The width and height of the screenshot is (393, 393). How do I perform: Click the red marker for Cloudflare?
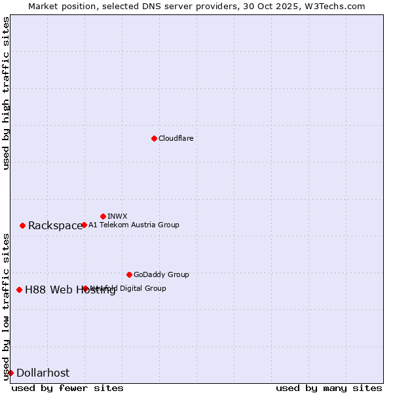pos(154,138)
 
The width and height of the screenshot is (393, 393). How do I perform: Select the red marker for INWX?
pos(103,216)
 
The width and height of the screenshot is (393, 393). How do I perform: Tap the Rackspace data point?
pos(22,225)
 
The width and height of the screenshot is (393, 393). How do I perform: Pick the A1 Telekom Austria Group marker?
pos(84,225)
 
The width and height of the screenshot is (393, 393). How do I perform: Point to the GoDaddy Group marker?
pos(129,274)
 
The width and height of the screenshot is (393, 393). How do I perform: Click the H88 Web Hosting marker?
pos(19,290)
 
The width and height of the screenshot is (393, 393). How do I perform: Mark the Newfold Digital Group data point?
pos(85,288)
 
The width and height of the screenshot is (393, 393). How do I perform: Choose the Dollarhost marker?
pos(10,373)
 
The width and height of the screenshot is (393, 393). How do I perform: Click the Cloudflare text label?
pos(176,138)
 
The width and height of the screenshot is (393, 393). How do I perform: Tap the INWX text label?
pos(117,216)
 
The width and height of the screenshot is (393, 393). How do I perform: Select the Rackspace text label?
pos(55,226)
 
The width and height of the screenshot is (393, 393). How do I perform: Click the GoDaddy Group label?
pos(161,274)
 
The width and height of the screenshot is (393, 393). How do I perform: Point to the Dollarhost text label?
pos(43,373)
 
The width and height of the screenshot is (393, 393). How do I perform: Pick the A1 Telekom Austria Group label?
pos(134,225)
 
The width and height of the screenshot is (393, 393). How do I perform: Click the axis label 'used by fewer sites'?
pos(67,388)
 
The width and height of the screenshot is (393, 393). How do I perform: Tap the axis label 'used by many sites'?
pos(329,388)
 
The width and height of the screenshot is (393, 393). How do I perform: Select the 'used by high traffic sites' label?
pos(6,93)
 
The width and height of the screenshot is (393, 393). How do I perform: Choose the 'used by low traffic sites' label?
pos(6,307)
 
